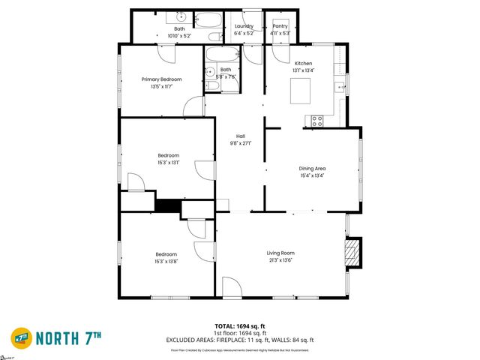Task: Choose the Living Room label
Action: [x=280, y=253]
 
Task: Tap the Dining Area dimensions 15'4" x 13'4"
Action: [x=312, y=177]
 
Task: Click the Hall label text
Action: [x=240, y=136]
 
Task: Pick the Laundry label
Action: [x=244, y=26]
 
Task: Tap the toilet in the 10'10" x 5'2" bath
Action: [x=214, y=36]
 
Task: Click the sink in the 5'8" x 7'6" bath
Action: [x=210, y=72]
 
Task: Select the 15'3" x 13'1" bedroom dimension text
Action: [x=168, y=163]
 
